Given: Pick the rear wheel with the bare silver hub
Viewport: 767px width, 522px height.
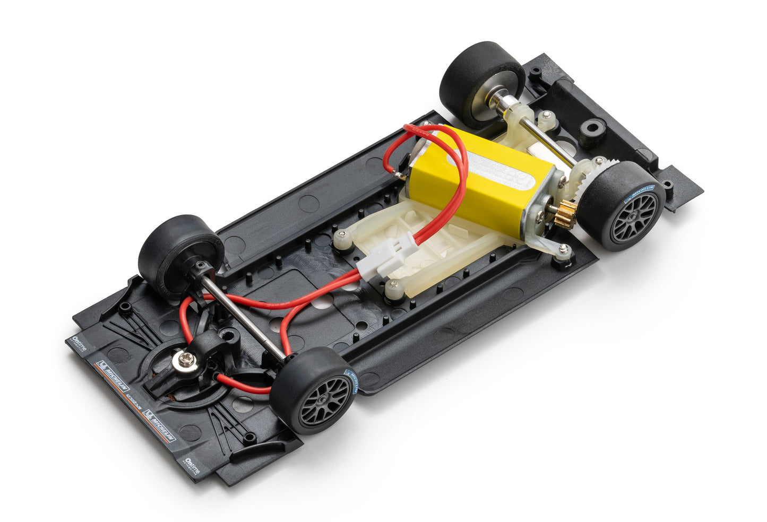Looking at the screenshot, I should pyautogui.click(x=480, y=85).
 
